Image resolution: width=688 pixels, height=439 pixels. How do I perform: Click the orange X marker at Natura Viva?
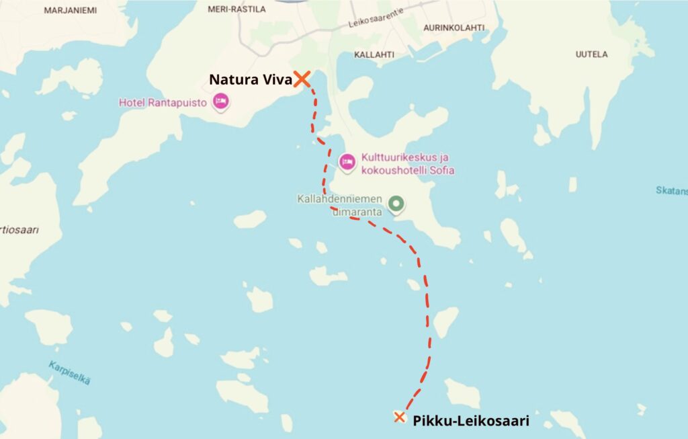[x=302, y=79]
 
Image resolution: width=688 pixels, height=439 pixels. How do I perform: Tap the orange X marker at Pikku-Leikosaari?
[x=399, y=417]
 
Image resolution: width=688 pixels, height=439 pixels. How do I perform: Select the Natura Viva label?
[x=250, y=79]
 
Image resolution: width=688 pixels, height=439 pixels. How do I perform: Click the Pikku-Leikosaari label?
[x=471, y=422]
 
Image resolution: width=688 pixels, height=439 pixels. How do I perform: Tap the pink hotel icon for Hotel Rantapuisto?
[x=220, y=102]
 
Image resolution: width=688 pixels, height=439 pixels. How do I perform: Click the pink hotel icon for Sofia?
[x=347, y=161]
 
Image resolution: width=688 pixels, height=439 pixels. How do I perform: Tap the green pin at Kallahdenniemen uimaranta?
[x=396, y=202]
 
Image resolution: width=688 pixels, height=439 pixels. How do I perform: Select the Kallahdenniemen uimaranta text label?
[x=340, y=204]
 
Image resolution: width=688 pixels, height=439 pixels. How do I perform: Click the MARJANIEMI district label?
[x=70, y=10]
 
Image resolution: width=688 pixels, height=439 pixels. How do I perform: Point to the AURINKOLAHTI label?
[x=454, y=28]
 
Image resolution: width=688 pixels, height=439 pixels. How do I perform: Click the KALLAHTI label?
[x=374, y=54]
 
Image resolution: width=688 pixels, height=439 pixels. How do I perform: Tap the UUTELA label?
[x=591, y=54]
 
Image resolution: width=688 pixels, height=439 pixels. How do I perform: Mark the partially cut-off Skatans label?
[x=671, y=190]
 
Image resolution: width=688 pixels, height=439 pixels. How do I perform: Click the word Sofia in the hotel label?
[x=439, y=171]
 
